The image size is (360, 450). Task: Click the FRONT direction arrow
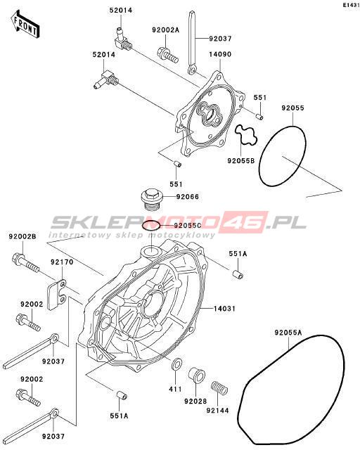coord(25,25)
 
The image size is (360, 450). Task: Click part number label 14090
coord(220,54)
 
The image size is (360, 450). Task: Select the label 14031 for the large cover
coord(224,309)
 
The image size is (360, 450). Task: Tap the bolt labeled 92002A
coord(167,55)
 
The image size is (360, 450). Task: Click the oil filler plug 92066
coord(152,199)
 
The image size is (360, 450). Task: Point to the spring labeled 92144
coord(219,387)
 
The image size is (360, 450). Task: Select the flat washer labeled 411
coord(176,364)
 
